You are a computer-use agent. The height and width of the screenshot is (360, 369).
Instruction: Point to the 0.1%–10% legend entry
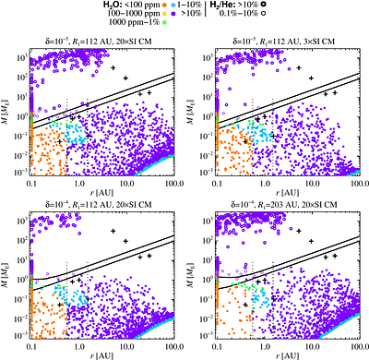pos(255,17)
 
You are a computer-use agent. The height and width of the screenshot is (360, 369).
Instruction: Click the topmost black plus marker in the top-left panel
pos(114,69)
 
